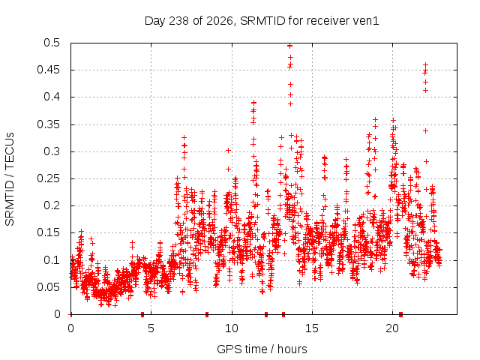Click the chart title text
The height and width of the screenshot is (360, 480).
pos(262,21)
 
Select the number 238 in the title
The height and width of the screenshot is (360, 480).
pos(179,21)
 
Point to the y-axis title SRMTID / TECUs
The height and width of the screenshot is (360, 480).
pos(10,179)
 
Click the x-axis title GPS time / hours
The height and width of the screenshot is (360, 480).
pos(262,349)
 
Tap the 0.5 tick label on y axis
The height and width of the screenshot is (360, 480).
pos(52,43)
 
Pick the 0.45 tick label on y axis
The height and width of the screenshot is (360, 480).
pos(48,70)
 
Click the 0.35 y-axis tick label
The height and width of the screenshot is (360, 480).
pos(48,124)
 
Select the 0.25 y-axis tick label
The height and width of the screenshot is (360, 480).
pos(48,178)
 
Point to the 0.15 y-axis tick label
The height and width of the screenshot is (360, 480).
pos(48,232)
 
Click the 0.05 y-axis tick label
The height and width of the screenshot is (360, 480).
pos(48,287)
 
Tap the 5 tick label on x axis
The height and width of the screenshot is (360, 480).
pos(151,328)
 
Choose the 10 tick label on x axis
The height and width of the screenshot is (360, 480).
pos(232,328)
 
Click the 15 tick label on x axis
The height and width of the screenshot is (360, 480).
pos(312,328)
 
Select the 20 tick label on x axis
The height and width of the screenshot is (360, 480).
pos(392,328)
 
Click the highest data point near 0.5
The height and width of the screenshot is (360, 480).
pos(290,46)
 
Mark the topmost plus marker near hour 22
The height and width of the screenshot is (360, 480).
pos(425,65)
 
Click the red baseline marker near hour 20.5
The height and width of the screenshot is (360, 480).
pos(400,314)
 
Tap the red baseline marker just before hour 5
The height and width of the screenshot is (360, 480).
pos(142,314)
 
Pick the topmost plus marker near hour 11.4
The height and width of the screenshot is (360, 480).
pos(253,103)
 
